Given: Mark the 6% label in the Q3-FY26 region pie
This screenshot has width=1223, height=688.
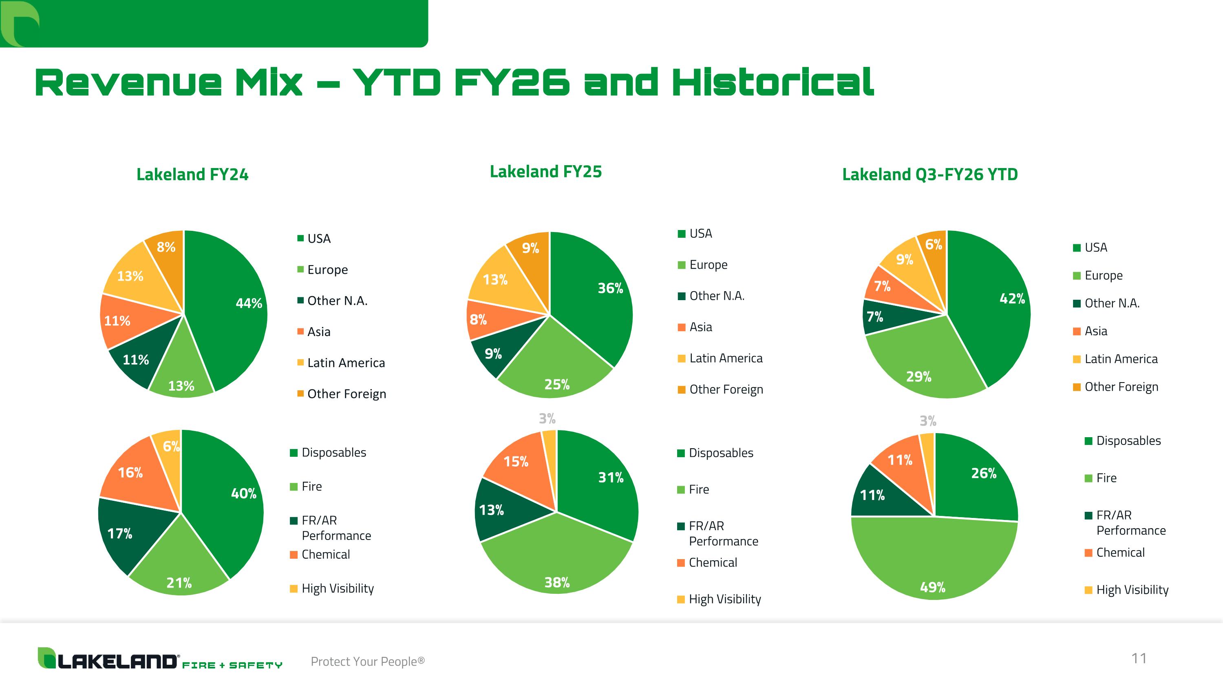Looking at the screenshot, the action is tap(934, 245).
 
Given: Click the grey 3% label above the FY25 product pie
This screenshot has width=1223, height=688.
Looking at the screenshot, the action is tap(547, 418).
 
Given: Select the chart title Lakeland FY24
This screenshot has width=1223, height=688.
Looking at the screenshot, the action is tap(192, 174).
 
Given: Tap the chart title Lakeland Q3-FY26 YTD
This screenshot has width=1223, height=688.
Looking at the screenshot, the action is tap(929, 174).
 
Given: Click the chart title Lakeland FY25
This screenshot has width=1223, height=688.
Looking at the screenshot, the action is tap(545, 171).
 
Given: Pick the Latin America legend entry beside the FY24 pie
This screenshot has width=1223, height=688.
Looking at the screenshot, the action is tap(341, 363).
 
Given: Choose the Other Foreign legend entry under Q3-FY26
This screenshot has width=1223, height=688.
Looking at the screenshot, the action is tap(1116, 387).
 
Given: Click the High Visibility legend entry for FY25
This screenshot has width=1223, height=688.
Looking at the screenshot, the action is tap(719, 599).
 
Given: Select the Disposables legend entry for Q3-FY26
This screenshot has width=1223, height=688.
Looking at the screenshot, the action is tap(1123, 440).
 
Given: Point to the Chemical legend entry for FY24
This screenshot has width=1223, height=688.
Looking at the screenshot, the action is tap(320, 555).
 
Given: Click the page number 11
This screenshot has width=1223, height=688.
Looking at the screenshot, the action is tap(1139, 659).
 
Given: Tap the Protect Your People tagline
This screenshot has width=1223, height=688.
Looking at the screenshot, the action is tap(367, 661).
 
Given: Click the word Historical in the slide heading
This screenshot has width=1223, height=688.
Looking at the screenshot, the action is tap(773, 82).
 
